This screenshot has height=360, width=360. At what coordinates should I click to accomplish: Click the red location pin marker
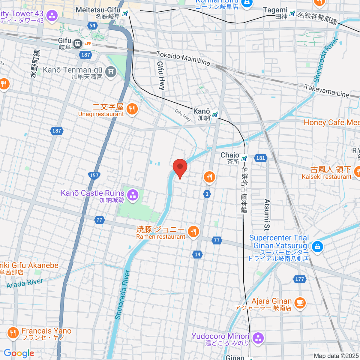coord(180,167)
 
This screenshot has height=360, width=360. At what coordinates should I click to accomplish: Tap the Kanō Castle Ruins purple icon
coord(132,196)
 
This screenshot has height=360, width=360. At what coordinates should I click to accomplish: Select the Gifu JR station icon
coord(78,44)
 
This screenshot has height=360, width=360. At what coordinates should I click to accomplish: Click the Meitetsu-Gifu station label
coord(98,13)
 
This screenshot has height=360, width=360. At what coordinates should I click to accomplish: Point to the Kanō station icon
coord(215,114)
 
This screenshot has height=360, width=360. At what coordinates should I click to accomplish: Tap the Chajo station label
coord(230,158)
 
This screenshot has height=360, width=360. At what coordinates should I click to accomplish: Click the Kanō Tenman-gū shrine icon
coord(111,71)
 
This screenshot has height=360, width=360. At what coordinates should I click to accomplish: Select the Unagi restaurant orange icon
coord(132,109)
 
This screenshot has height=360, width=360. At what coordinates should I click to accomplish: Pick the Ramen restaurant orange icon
coord(193,232)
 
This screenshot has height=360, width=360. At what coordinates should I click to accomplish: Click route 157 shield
coord(94,175)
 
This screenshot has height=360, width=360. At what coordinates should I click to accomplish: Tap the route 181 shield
coord(261,158)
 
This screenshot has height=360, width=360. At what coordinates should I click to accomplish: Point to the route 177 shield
coord(299,279)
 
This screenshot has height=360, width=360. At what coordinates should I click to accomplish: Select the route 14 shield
coord(197,254)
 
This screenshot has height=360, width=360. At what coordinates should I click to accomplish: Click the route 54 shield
coord(92,25)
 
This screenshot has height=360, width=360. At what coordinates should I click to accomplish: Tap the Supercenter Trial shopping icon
coord(317,247)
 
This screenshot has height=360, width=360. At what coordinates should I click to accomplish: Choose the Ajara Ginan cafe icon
coord(300,303)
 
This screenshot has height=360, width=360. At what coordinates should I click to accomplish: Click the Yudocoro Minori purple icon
coord(258,338)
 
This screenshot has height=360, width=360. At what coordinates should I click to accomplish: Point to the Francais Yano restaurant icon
coord(12,333)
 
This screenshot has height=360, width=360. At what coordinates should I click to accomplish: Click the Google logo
coord(19,353)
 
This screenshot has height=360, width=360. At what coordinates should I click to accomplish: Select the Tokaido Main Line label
coord(183,58)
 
